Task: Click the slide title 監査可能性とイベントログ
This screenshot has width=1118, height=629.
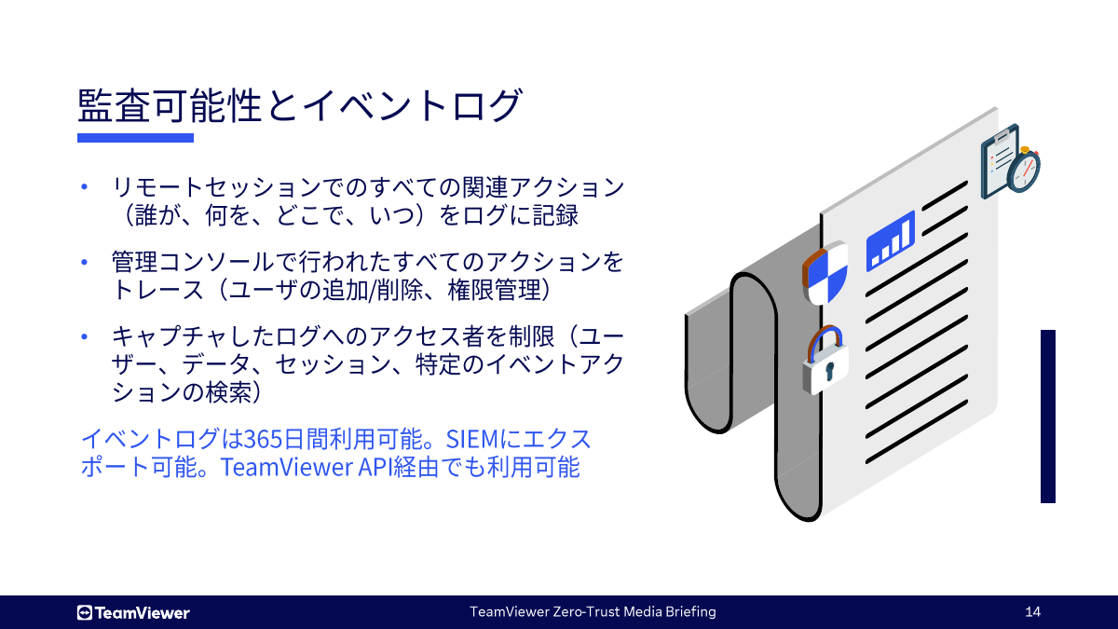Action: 298,104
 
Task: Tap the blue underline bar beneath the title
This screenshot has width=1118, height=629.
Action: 135,138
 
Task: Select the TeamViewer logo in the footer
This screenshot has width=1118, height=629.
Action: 133,612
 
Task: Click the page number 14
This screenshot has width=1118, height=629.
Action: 1032,612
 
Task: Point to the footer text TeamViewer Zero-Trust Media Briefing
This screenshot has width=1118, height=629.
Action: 593,612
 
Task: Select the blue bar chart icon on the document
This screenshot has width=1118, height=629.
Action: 890,241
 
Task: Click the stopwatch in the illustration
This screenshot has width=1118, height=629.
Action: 1024,171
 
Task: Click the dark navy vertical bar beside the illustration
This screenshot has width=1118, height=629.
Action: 1048,417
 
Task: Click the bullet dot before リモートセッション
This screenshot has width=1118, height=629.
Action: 84,187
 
